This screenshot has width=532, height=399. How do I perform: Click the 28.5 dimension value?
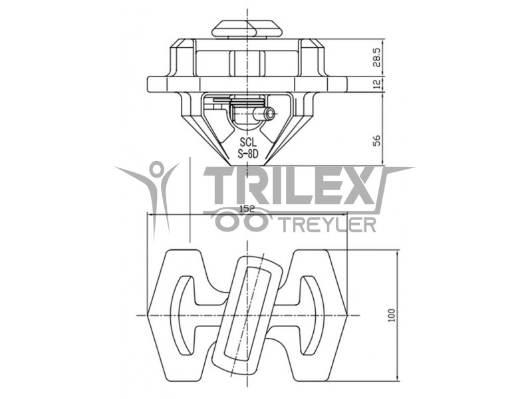(377, 57)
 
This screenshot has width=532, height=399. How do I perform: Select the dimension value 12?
(377, 84)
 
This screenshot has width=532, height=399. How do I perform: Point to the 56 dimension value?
(377, 140)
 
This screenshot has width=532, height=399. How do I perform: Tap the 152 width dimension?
(247, 209)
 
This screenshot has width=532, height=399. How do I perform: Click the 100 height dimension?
(392, 315)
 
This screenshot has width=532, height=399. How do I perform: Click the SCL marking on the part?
(248, 141)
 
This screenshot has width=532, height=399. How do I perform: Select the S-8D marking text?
(248, 154)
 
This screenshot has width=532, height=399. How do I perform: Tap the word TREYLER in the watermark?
(329, 224)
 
